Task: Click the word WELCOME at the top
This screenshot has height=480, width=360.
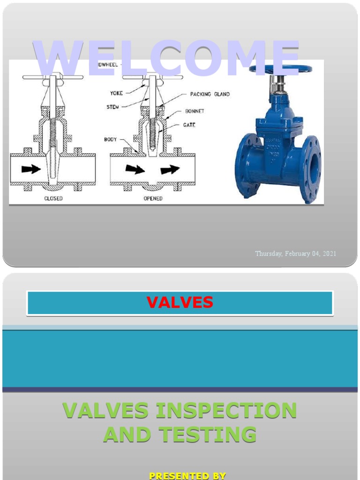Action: click(167, 58)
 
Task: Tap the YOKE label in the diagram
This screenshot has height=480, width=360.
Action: click(116, 93)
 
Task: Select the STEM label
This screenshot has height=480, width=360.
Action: click(112, 107)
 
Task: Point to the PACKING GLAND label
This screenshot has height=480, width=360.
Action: click(210, 94)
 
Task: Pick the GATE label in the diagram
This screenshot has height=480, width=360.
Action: click(189, 125)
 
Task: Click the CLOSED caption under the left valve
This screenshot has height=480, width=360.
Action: click(53, 198)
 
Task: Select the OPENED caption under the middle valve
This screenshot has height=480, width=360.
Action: click(153, 198)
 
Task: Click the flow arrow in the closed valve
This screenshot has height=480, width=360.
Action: click(31, 169)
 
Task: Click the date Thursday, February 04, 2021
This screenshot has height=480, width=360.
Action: click(295, 254)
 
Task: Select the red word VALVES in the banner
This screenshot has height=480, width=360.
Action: click(180, 303)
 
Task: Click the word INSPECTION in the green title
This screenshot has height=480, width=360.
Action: click(226, 411)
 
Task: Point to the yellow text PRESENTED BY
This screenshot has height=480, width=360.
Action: click(187, 476)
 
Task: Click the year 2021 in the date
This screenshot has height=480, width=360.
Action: click(329, 254)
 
